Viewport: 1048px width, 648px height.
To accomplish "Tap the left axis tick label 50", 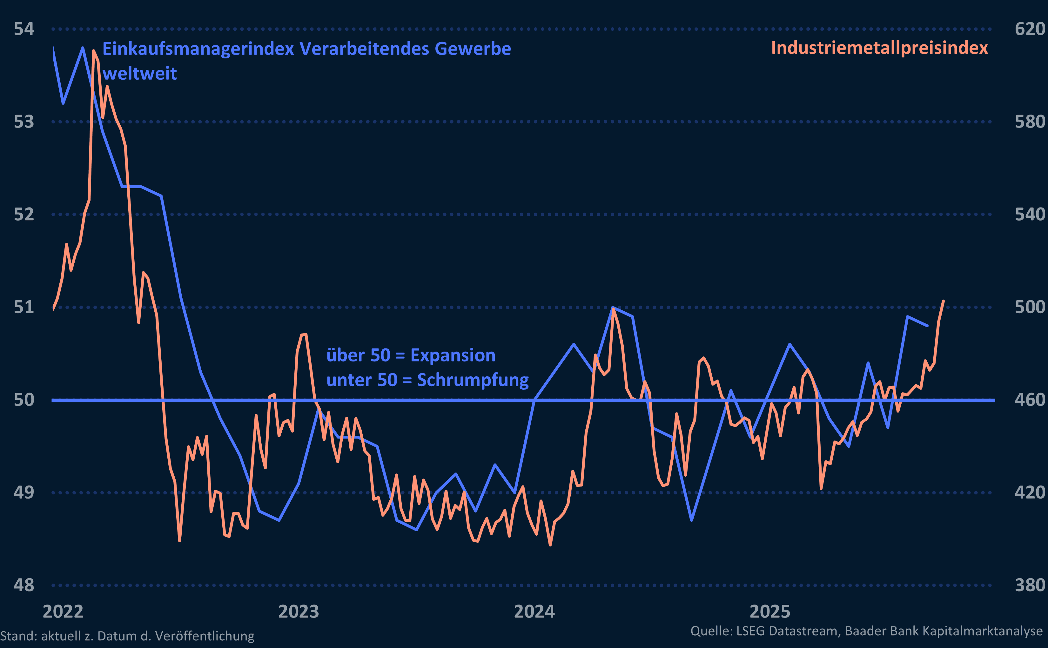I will point(24,400).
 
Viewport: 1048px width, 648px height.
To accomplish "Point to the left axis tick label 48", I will point(24,585).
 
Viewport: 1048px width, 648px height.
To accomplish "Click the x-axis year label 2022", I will point(63,612).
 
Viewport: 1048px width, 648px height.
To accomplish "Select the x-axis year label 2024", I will point(534,612).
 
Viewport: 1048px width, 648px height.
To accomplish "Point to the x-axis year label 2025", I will point(770,612).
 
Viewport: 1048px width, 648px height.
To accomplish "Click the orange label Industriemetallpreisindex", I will point(879,48).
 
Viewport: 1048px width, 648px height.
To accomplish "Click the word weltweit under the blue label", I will point(140,74).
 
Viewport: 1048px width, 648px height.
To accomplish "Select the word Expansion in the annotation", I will point(453,355).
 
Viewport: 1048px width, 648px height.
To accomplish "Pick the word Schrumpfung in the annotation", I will point(473,380).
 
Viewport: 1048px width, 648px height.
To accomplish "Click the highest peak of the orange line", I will point(93,51).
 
